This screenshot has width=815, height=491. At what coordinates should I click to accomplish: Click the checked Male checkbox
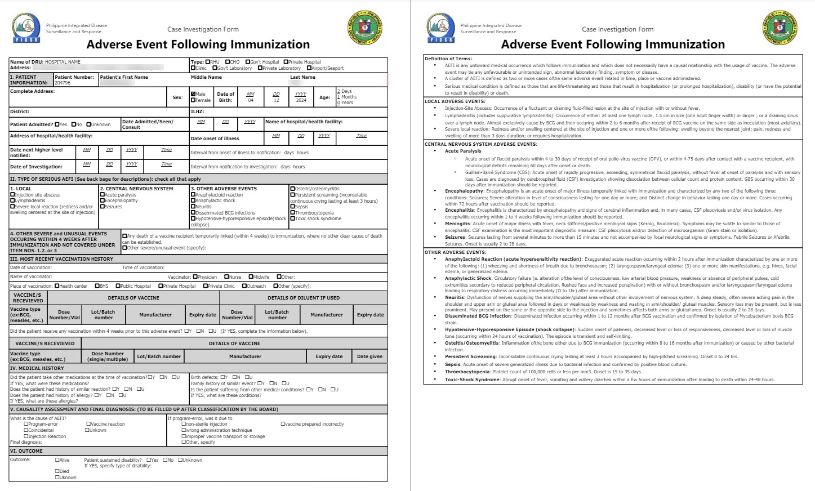193,94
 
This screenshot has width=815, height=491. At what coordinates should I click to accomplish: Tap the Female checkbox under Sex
193,100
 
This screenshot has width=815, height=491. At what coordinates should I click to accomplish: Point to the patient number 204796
63,83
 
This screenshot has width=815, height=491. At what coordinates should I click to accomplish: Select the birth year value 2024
301,100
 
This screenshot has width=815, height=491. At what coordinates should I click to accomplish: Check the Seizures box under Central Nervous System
102,207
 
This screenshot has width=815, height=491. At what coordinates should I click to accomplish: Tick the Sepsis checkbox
292,207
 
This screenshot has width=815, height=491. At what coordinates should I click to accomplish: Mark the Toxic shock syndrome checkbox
292,218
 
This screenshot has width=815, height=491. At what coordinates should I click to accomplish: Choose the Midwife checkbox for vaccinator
250,277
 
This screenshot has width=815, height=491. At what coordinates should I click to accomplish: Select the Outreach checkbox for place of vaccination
244,286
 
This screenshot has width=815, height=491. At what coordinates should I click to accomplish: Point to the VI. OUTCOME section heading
26,451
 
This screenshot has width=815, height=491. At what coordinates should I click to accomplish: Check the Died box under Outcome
57,471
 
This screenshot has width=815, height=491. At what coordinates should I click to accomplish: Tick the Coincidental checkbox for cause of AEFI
26,430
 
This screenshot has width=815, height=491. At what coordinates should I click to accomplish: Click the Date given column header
369,356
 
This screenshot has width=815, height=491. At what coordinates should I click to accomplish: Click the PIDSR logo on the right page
441,29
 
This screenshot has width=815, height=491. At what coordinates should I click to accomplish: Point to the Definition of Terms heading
448,59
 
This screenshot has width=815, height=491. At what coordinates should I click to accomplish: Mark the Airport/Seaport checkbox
309,68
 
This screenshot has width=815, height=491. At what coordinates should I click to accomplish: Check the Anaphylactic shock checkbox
193,200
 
